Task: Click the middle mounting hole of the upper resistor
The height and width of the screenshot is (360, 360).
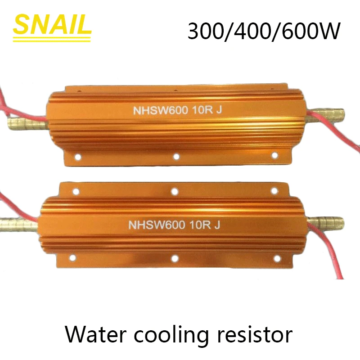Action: [x=176, y=156]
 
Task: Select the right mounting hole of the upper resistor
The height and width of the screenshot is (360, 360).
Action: [x=274, y=155]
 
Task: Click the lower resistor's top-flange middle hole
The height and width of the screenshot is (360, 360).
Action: [x=174, y=191]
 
